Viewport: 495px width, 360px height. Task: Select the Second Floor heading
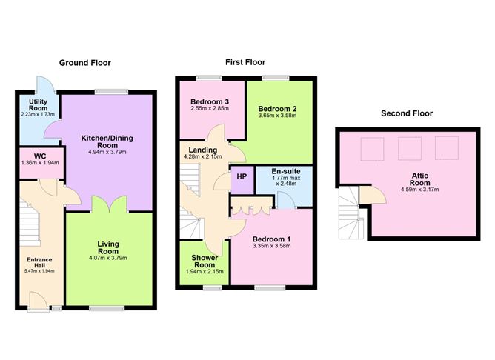(x=407, y=113)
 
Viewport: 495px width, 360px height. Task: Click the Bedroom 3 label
(x=210, y=101)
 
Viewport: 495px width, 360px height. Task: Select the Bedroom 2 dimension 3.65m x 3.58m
(x=277, y=116)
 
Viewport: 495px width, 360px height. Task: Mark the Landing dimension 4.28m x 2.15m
(x=202, y=157)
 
